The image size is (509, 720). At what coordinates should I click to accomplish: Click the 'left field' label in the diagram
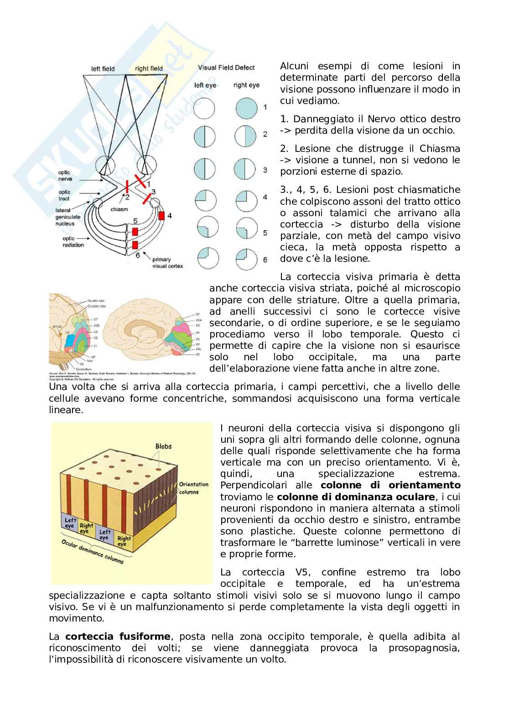pos(103,69)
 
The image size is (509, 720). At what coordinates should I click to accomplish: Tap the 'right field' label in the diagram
pos(149,69)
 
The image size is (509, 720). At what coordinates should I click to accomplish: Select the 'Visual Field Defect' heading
pos(226,67)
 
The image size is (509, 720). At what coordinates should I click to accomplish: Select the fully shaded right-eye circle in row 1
pos(246,109)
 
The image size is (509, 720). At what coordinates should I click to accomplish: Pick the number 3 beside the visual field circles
pos(265,170)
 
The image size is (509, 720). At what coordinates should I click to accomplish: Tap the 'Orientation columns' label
pos(193,487)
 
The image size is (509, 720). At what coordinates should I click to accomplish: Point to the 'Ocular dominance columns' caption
pos(93,552)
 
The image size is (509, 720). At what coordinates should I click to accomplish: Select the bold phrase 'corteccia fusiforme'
pos(118,636)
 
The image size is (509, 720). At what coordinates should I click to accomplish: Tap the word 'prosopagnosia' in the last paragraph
pos(424,648)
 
